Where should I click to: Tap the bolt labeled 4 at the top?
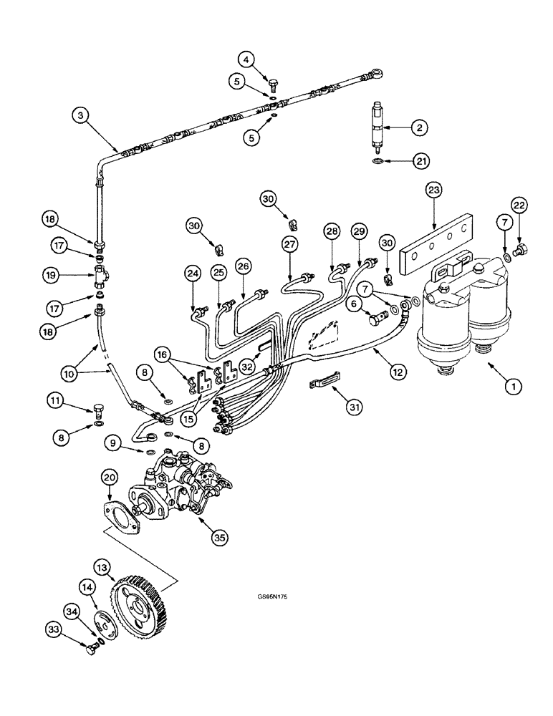pyautogui.click(x=272, y=87)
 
